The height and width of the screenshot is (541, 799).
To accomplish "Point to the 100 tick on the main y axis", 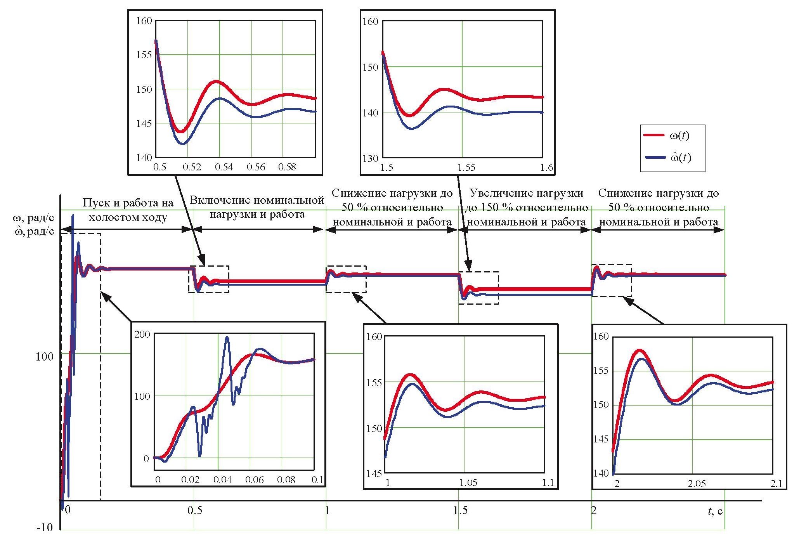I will (x=44, y=356).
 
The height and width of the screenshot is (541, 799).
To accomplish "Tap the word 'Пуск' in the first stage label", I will (x=94, y=203).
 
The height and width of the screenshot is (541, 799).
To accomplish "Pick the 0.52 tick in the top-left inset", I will (x=192, y=167).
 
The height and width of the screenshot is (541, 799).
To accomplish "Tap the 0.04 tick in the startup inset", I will (x=223, y=480).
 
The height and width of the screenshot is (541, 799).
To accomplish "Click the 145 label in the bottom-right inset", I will (x=601, y=439).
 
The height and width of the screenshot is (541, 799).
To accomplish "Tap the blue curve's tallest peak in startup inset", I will (x=227, y=337).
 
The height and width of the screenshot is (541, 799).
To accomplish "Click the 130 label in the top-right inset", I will (x=370, y=158).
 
